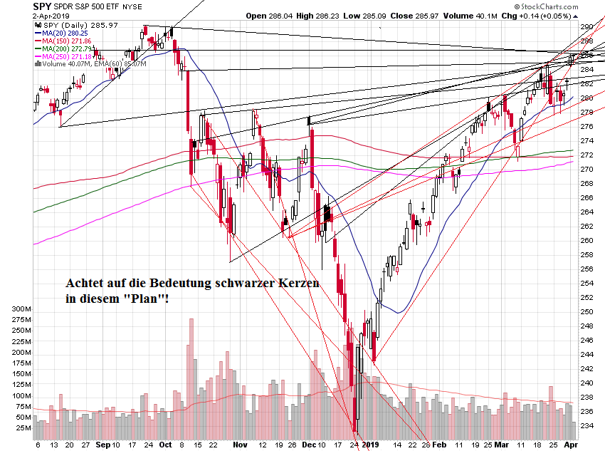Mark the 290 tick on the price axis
587,27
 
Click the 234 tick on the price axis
587,426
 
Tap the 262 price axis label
587,227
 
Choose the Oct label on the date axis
164,444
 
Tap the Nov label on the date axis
239,444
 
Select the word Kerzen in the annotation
299,284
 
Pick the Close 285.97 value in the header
393,15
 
